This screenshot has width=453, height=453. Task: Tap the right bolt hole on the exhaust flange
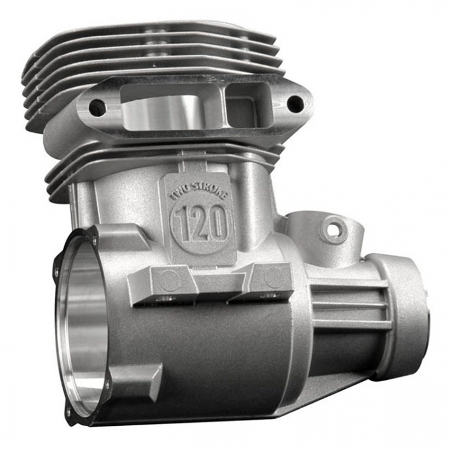(293, 101)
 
